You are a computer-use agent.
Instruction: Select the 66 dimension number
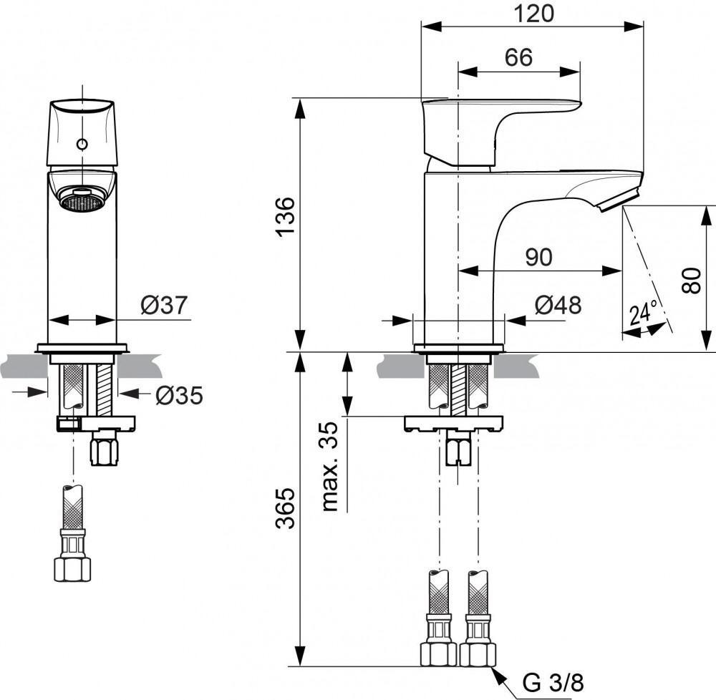pos(518,57)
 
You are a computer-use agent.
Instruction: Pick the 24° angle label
pos(642,315)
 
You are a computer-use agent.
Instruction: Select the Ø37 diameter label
pos(164,306)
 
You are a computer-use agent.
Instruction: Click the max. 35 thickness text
pos(330,465)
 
